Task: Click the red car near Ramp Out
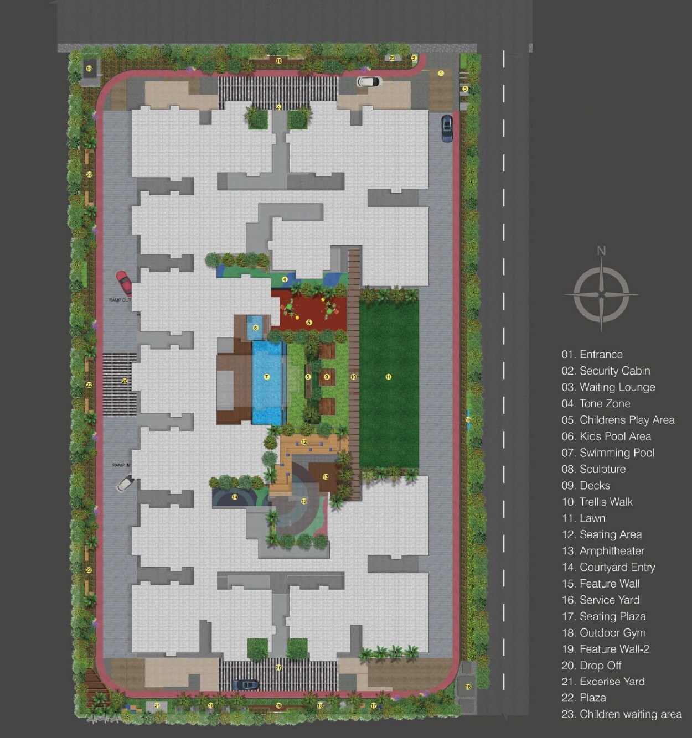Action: click(x=124, y=282)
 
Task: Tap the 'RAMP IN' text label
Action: click(x=121, y=465)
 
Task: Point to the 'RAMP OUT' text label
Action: click(x=120, y=300)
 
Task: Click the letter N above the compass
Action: click(x=601, y=251)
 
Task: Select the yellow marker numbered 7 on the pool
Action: click(x=267, y=377)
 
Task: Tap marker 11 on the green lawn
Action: click(x=388, y=377)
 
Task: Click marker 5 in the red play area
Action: click(x=309, y=322)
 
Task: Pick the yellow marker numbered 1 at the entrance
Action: click(x=441, y=73)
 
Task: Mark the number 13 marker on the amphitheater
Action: click(x=326, y=477)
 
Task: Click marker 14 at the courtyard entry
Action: click(x=235, y=497)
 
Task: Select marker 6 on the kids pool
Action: click(x=255, y=328)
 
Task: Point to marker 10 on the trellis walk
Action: click(x=353, y=377)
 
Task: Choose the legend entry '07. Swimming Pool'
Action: click(x=608, y=453)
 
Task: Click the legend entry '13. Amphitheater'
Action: click(x=603, y=551)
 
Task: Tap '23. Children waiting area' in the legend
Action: click(x=621, y=714)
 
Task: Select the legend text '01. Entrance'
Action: click(x=592, y=355)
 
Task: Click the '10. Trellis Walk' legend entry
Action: click(x=597, y=502)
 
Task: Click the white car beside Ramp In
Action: click(x=125, y=484)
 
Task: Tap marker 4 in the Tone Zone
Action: click(x=285, y=280)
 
